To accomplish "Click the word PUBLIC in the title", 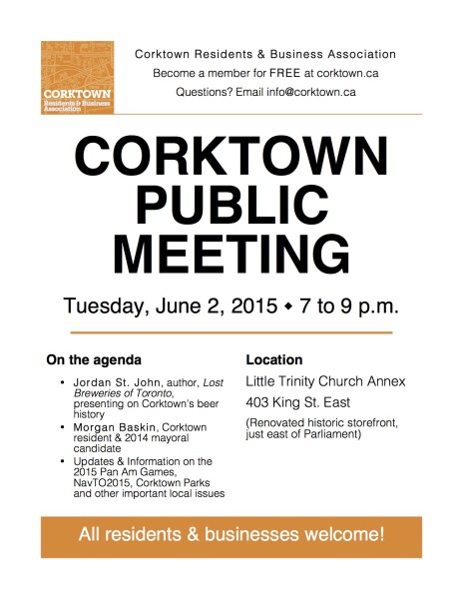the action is (x=231, y=205).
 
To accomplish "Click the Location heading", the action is (x=274, y=359).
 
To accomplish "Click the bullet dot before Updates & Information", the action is (x=63, y=462).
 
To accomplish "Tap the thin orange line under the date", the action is (x=231, y=330).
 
